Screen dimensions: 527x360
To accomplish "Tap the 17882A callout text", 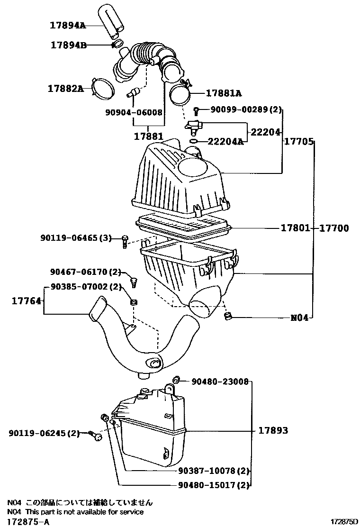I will point(65,88).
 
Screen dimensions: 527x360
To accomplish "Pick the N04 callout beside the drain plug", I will point(299,318).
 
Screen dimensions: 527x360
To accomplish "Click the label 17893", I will point(273,431).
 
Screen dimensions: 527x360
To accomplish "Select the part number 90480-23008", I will point(220,381).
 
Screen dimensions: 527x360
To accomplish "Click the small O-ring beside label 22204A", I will point(194,141).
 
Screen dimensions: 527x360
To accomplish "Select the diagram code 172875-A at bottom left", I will point(28,521).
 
